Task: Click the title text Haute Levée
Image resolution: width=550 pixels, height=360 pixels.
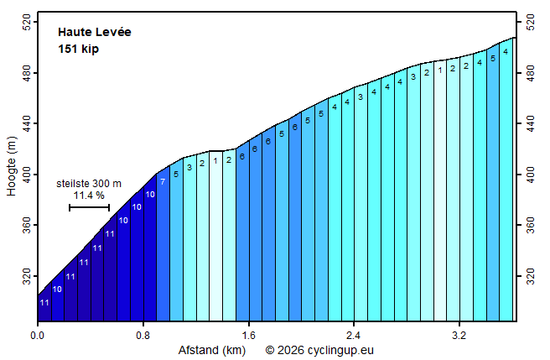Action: (x=95, y=33)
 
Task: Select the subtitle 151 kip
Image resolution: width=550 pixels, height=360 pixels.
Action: (x=79, y=49)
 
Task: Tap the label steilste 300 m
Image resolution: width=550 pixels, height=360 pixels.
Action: (x=89, y=183)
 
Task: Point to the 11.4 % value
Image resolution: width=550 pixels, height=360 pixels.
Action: (x=89, y=196)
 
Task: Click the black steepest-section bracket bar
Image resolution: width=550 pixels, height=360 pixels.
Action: (x=89, y=207)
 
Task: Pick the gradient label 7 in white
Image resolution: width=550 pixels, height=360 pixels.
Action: (x=163, y=181)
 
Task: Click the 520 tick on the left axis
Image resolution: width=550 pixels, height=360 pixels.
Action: (x=27, y=23)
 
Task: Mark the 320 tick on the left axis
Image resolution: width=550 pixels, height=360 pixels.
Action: (x=27, y=276)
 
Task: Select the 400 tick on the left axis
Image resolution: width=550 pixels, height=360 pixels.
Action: (x=27, y=175)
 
